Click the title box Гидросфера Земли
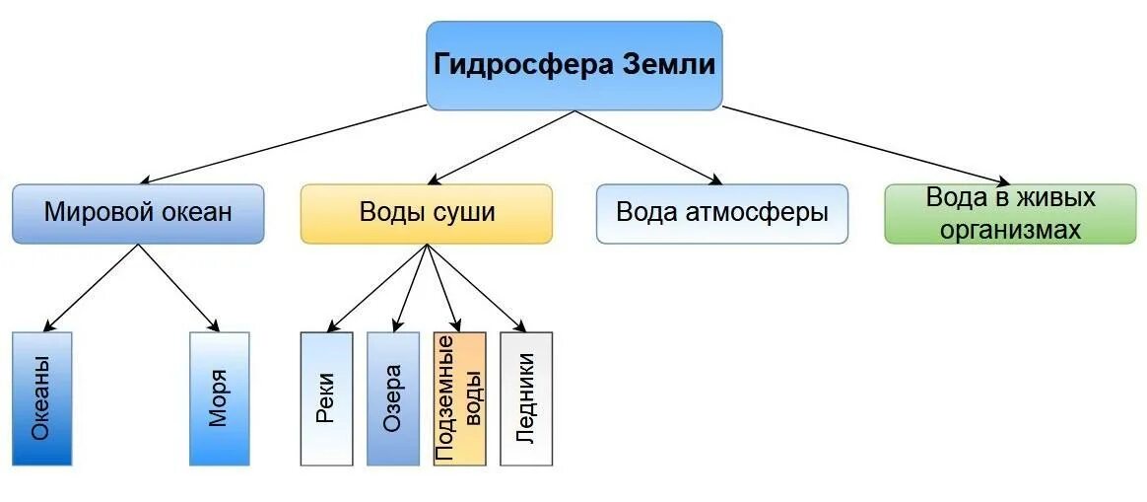pos(573,65)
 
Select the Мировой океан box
pos(138,213)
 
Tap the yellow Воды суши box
pos(426,213)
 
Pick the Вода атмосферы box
pos(721,213)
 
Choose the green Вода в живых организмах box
pos(1010,213)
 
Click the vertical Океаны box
pos(42,398)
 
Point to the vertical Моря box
pos(219,398)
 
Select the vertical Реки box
pos(326,398)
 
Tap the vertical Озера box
pos(392,398)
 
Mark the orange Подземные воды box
pos(459,398)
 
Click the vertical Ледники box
pos(526,398)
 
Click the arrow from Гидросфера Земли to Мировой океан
pos(286,144)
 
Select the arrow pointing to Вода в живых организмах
pos(867,144)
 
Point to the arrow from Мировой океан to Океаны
pos(91,287)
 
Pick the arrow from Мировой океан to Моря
pos(177,287)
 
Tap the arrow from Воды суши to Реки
pos(379,287)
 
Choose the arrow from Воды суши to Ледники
pos(473,287)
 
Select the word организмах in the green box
pos(1010,230)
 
